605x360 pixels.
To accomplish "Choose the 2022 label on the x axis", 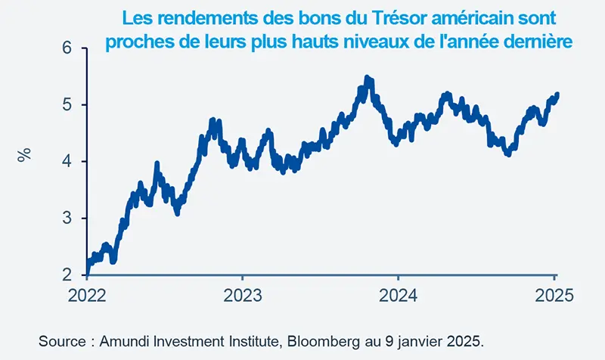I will click(87, 295).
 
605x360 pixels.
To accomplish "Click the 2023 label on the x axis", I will click(243, 295).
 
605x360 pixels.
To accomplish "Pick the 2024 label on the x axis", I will click(398, 295).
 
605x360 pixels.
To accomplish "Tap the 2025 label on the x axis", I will click(553, 295).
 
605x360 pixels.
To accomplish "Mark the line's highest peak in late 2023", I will click(367, 78).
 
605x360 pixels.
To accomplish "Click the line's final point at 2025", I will click(557, 95).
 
